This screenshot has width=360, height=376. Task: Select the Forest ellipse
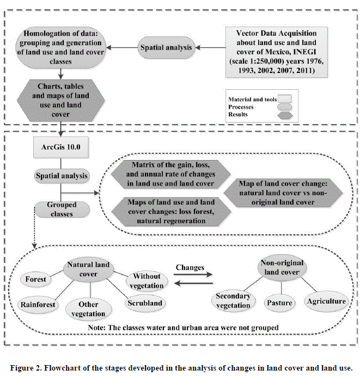coord(36,280)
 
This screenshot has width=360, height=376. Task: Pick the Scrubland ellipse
coord(145,303)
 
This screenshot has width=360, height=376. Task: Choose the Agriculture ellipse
coord(326,301)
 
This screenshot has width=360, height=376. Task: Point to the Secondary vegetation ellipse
coord(233,300)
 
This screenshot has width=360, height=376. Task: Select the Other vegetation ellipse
coord(88,310)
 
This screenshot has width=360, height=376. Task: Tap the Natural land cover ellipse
coord(88,269)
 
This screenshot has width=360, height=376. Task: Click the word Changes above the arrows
coord(190,268)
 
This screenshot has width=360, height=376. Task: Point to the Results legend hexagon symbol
coord(285,115)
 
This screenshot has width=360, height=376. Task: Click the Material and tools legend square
coord(285,99)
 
